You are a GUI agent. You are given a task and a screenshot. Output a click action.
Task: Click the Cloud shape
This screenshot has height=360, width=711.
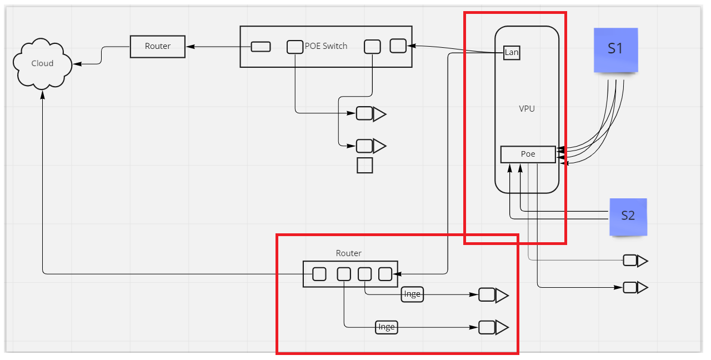click(42, 63)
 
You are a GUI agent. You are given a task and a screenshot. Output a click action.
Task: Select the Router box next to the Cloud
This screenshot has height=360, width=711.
click(158, 46)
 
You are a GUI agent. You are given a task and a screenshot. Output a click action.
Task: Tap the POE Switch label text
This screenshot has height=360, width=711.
click(326, 46)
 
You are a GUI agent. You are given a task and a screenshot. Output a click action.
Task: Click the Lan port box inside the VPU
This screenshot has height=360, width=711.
click(512, 53)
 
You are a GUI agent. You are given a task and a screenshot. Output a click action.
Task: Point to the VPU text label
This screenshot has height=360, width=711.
click(527, 109)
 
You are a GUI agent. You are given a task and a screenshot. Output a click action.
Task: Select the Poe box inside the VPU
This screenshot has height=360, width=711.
click(528, 154)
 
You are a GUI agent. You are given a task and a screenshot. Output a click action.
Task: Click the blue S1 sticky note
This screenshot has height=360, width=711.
click(615, 49)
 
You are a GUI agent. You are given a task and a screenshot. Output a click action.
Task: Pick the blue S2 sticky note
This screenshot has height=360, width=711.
click(628, 216)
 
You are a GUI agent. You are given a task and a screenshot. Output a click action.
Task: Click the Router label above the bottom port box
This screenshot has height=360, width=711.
click(349, 253)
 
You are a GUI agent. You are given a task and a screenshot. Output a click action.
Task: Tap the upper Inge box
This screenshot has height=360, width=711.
click(412, 294)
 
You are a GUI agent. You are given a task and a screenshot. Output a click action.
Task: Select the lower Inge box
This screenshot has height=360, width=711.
click(387, 327)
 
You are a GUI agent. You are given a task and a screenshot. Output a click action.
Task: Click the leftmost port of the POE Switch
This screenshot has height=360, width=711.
click(261, 47)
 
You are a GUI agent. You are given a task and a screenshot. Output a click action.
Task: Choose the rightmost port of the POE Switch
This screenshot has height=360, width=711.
click(398, 46)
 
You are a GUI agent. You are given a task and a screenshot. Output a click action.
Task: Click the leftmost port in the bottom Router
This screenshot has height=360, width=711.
click(319, 274)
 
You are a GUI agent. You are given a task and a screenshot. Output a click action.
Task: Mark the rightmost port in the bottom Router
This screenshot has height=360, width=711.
click(385, 274)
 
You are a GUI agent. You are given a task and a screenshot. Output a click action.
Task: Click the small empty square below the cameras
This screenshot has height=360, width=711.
click(364, 166)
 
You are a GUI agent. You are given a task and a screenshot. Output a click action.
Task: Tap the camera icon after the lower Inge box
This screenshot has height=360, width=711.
click(493, 327)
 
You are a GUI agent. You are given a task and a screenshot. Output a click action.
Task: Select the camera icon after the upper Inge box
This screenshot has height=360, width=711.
click(493, 295)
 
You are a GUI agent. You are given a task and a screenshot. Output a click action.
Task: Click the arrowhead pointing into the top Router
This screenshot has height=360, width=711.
click(189, 47)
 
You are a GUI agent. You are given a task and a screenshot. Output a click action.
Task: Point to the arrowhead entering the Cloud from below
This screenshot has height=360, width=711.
click(42, 95)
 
